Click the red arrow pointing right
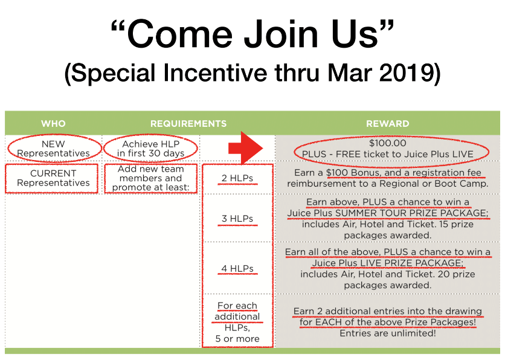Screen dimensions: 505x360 click(246, 148)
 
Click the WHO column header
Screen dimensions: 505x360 click(53, 124)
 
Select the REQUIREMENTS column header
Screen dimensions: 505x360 click(188, 124)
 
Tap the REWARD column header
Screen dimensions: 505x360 click(387, 124)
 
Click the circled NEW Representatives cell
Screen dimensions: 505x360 click(54, 149)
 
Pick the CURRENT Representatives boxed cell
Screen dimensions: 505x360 click(51, 178)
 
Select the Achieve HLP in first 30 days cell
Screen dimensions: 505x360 click(151, 149)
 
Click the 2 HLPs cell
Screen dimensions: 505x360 click(237, 178)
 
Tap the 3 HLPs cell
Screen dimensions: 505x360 click(237, 219)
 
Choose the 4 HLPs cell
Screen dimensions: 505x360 click(237, 269)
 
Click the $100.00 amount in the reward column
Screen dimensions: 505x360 click(388, 143)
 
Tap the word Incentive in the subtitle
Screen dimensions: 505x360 click(215, 72)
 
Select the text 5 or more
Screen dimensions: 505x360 click(237, 339)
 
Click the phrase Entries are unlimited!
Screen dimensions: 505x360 click(388, 333)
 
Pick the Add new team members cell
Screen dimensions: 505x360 click(151, 178)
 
